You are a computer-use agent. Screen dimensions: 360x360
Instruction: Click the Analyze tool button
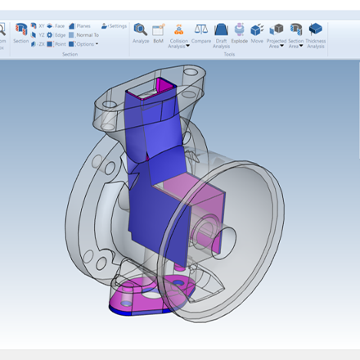(141, 32)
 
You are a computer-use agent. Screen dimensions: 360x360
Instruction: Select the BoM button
(159, 32)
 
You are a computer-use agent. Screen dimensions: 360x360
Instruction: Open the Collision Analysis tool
(179, 32)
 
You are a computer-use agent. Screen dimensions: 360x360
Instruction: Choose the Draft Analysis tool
(221, 32)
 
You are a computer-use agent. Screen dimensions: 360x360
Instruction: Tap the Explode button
(239, 32)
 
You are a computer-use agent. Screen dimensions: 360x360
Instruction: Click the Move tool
(257, 32)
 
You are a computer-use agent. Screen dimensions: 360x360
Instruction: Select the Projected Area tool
(277, 32)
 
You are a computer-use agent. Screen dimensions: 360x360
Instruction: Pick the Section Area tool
(295, 32)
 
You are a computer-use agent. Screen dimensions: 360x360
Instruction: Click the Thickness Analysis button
(316, 32)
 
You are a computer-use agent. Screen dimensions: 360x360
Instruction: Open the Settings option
(115, 26)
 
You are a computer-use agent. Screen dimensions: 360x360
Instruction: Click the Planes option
(80, 26)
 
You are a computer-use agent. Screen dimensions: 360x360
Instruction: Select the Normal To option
(83, 35)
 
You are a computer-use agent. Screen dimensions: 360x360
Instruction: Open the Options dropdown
(83, 44)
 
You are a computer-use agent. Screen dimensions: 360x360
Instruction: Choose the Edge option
(56, 35)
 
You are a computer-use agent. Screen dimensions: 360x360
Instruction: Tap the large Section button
(20, 33)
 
